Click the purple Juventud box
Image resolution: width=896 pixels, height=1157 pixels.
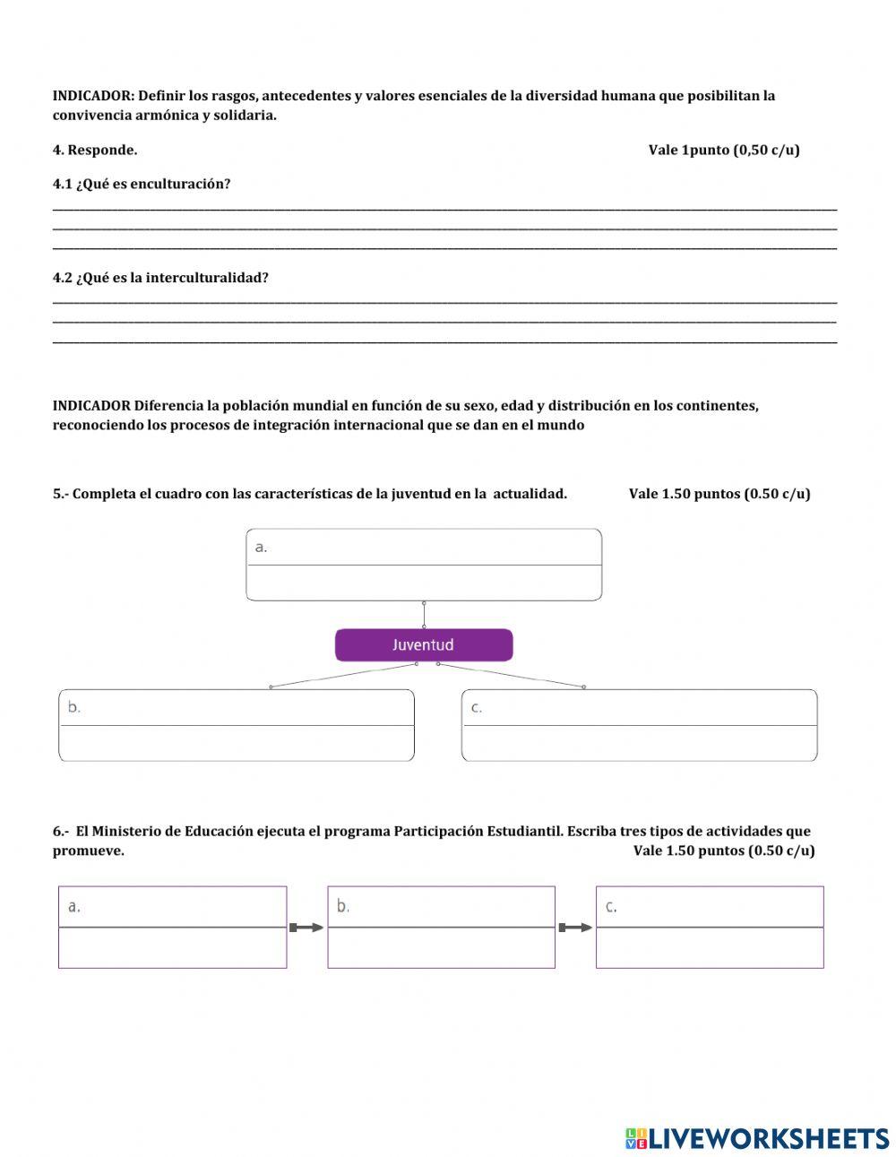[x=424, y=645]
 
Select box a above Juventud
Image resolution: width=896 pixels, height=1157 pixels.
[x=424, y=565]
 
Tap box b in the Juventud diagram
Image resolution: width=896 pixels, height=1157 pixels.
[x=237, y=725]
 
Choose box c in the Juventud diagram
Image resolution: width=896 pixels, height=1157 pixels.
[x=639, y=725]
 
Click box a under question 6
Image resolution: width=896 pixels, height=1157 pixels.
[x=172, y=927]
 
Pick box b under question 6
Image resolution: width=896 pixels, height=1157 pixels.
[x=441, y=927]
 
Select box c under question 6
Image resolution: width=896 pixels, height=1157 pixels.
[x=710, y=927]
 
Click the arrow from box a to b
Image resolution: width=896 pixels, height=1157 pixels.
[x=306, y=928]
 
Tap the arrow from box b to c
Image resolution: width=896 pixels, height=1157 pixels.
[x=575, y=928]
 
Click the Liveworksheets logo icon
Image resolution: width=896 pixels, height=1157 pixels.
[x=635, y=1138]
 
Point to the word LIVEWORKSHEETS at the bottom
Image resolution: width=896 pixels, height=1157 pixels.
[x=769, y=1138]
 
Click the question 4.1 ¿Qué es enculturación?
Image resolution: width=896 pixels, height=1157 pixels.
[x=142, y=184]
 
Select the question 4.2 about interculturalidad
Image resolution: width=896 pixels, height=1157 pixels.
[x=160, y=278]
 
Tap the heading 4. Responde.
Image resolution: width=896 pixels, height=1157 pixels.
[x=95, y=150]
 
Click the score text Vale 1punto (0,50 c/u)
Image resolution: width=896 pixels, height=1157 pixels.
[x=724, y=150]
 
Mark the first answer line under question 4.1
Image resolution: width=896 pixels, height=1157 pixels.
[x=444, y=210]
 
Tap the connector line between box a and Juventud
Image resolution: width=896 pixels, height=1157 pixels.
[x=424, y=615]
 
